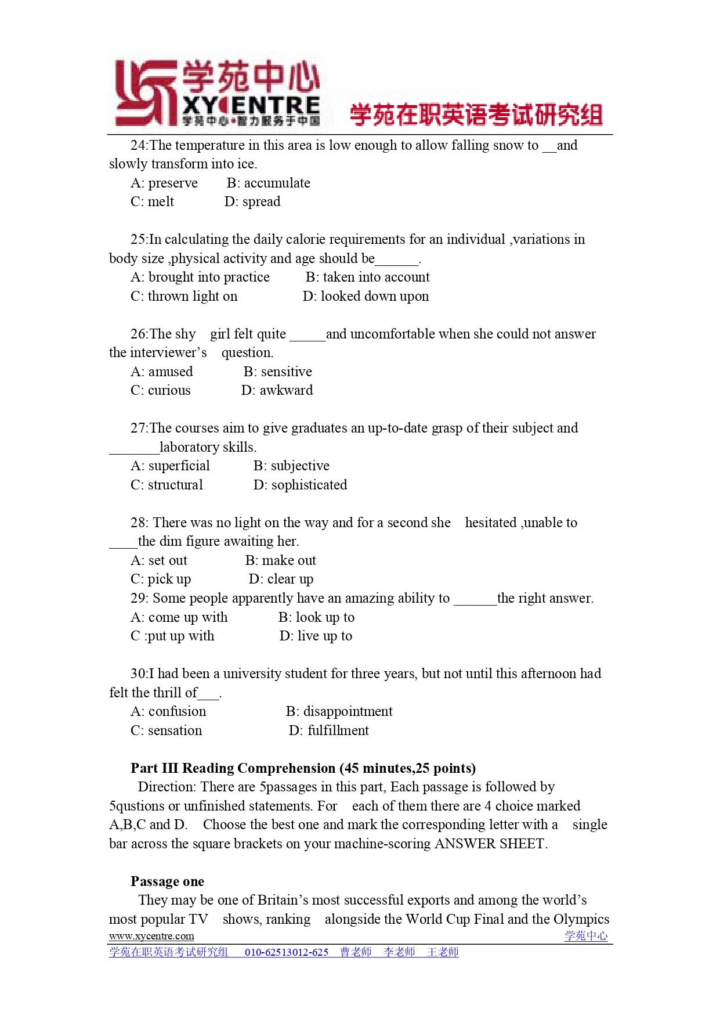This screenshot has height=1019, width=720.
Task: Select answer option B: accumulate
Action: tap(268, 183)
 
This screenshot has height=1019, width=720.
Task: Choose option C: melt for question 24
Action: tap(152, 202)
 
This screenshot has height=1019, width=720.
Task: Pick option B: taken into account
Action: tap(367, 278)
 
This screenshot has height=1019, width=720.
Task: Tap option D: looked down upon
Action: tap(366, 297)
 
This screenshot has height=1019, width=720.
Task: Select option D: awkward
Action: tap(277, 391)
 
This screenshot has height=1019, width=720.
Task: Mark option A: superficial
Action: tap(170, 466)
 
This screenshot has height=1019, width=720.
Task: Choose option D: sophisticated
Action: tap(300, 485)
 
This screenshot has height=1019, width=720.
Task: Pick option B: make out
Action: tap(280, 561)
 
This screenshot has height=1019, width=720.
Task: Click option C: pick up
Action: tap(160, 579)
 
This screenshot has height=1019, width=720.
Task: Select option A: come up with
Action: tap(179, 618)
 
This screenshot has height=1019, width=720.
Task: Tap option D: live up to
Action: tap(316, 636)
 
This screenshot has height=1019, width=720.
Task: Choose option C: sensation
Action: tap(166, 731)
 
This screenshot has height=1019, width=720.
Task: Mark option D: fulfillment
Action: tap(328, 731)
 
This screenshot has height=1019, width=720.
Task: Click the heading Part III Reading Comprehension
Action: tap(303, 769)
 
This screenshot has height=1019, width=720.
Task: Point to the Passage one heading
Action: tap(167, 882)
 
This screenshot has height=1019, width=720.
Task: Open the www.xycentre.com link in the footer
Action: tap(151, 936)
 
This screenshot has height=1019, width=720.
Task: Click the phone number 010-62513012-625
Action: tap(287, 952)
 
